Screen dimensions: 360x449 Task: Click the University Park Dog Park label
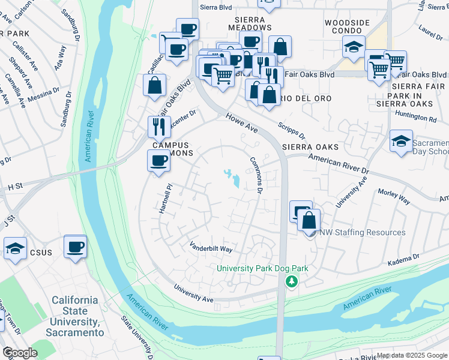point(262,268)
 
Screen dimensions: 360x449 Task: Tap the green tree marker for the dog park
point(292,281)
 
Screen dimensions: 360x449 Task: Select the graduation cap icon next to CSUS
point(15,249)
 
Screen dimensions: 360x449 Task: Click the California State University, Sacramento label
point(74,316)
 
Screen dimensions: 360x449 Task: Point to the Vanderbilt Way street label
point(211,247)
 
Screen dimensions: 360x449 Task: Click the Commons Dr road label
point(256,174)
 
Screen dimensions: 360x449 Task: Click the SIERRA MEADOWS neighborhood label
point(250,23)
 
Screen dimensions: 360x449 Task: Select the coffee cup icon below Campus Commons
point(158,161)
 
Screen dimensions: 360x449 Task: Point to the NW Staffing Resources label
point(362,232)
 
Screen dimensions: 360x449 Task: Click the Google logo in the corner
point(20,353)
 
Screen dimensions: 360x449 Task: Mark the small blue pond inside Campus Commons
point(233,178)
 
